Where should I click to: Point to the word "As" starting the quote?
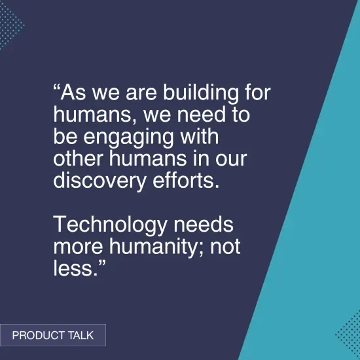(x=71, y=93)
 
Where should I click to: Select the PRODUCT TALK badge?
(x=52, y=335)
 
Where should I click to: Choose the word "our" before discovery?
(x=233, y=159)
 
